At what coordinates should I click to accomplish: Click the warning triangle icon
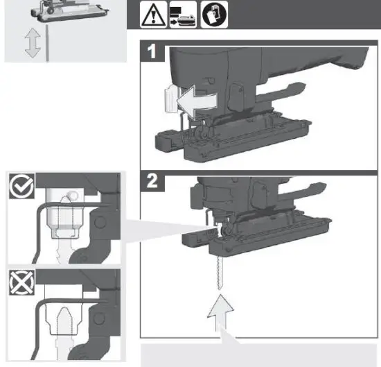click(x=152, y=15)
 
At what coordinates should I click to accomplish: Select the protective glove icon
click(x=211, y=15)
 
